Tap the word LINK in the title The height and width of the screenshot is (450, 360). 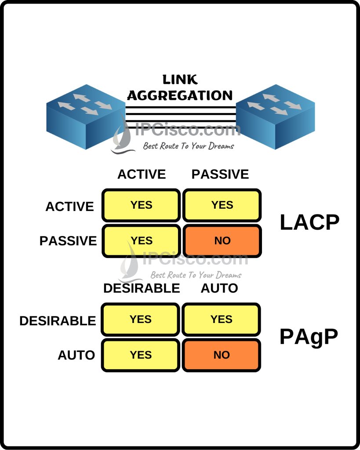[180, 80]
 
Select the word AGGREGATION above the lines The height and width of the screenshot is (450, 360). [180, 95]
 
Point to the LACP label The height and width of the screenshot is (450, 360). [309, 223]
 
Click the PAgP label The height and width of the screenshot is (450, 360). [309, 337]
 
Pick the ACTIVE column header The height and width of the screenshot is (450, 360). [142, 174]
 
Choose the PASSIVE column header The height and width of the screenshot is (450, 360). [220, 174]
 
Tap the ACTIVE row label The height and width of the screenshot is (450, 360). [69, 207]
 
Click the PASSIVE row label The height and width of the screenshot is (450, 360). [68, 241]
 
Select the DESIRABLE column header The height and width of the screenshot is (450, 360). [142, 288]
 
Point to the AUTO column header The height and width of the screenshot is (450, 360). [219, 288]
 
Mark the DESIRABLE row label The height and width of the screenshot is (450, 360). [58, 321]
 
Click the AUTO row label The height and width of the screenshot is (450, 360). [76, 355]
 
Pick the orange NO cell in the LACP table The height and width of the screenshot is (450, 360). [222, 241]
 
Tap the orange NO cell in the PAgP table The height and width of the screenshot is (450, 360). [222, 355]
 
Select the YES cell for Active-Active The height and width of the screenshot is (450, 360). [141, 205]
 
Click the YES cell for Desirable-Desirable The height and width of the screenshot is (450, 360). [141, 319]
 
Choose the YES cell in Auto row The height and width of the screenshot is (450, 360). [141, 355]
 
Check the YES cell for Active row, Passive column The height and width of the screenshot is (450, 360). [222, 205]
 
